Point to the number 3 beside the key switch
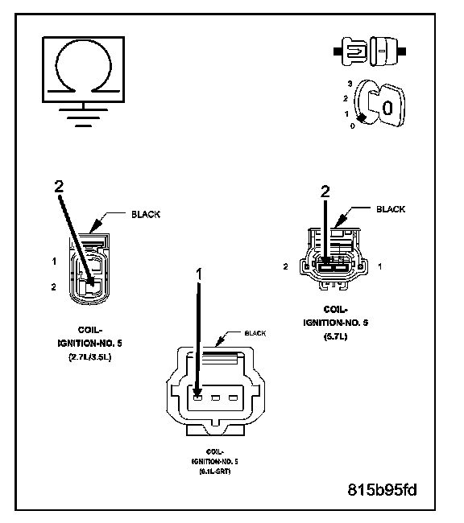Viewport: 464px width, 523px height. [350, 83]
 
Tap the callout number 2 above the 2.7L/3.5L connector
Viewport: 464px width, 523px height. [58, 187]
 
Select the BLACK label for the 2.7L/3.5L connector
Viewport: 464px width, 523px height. [145, 215]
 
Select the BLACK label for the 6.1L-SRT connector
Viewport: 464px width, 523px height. [255, 332]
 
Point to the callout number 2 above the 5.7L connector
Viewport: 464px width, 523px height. [325, 191]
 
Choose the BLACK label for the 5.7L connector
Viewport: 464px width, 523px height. [391, 209]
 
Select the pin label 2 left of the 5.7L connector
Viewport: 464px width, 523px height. [286, 265]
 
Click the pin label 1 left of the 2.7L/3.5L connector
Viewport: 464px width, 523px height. [53, 261]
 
